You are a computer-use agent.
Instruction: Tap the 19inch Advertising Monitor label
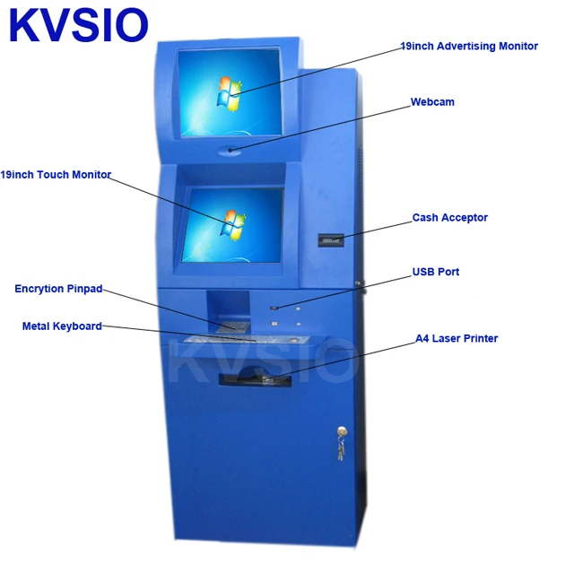tap(469, 46)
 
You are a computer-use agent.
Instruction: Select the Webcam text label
tap(432, 102)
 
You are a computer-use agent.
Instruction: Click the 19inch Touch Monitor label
tap(56, 175)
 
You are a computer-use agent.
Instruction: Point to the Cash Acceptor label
tap(449, 218)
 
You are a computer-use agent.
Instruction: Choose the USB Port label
tap(435, 272)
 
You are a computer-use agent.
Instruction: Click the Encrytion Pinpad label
tap(58, 289)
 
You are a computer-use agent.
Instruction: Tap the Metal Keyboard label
tap(62, 326)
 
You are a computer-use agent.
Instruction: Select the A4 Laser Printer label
tap(456, 339)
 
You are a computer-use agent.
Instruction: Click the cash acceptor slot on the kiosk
tap(331, 239)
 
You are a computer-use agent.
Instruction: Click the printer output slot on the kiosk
tap(256, 380)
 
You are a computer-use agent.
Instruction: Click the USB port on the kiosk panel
tap(274, 309)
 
